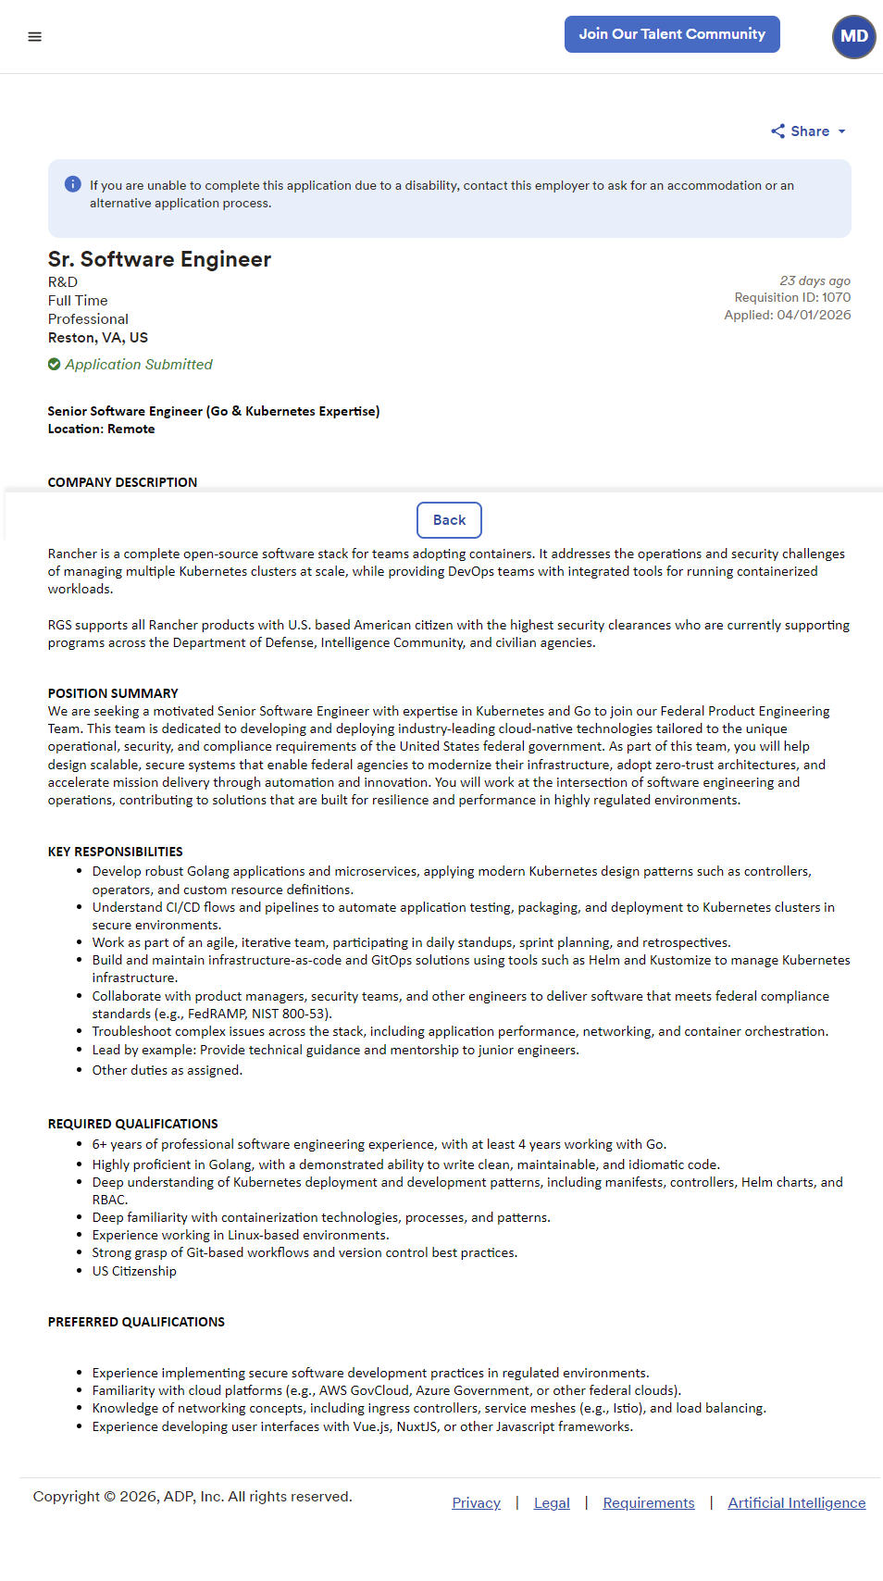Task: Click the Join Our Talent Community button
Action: (x=672, y=34)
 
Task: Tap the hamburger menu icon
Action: (x=35, y=37)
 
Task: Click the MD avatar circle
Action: (x=853, y=37)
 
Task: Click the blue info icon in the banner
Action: (x=73, y=184)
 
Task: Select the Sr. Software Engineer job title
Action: (x=159, y=259)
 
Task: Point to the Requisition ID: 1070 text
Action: (x=792, y=297)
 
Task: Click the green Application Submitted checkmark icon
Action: (x=55, y=365)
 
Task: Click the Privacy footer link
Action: (x=476, y=1503)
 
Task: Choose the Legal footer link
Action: (x=552, y=1503)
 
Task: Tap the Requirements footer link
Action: (x=648, y=1503)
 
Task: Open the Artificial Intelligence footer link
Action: (x=796, y=1503)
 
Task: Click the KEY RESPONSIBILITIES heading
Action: (x=116, y=852)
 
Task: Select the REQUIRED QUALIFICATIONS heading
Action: (x=133, y=1124)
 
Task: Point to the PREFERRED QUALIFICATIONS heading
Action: (x=136, y=1322)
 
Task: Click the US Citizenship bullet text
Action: (x=134, y=1271)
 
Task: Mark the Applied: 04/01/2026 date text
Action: (x=787, y=315)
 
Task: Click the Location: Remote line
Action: (x=102, y=429)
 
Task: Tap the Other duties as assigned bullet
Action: (x=167, y=1070)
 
